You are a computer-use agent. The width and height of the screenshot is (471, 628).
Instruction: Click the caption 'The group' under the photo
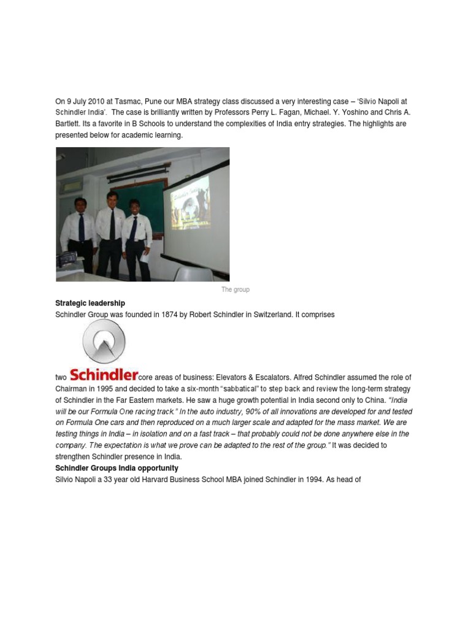(235, 289)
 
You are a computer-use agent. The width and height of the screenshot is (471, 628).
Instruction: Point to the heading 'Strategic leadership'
(90, 303)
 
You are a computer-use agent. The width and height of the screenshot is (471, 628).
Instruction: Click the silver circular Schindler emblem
(104, 340)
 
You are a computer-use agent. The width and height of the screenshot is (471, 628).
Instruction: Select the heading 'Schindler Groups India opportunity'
(117, 468)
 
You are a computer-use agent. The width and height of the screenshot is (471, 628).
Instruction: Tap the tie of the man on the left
(82, 228)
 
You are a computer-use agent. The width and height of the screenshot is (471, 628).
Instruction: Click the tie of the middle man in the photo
(112, 224)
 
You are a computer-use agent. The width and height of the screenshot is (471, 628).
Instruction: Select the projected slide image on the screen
(190, 203)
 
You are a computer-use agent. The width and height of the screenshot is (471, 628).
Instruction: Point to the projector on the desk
(66, 259)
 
